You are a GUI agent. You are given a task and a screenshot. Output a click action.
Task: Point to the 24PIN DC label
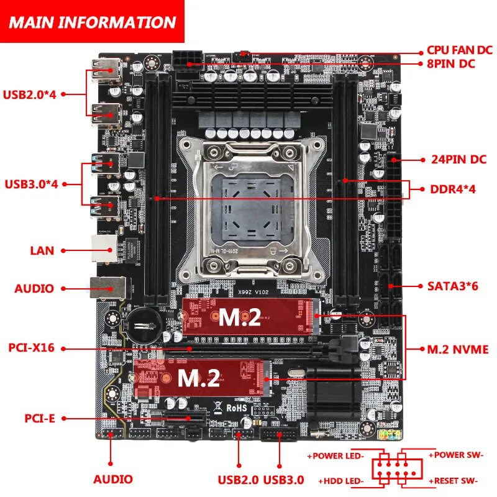(x=458, y=159)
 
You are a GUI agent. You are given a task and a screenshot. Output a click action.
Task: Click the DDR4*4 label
(x=453, y=189)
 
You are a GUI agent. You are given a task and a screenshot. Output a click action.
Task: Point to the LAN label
(x=42, y=251)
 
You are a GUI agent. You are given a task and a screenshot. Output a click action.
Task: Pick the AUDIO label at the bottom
(x=113, y=479)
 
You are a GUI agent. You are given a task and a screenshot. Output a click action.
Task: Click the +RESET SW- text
(x=455, y=480)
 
